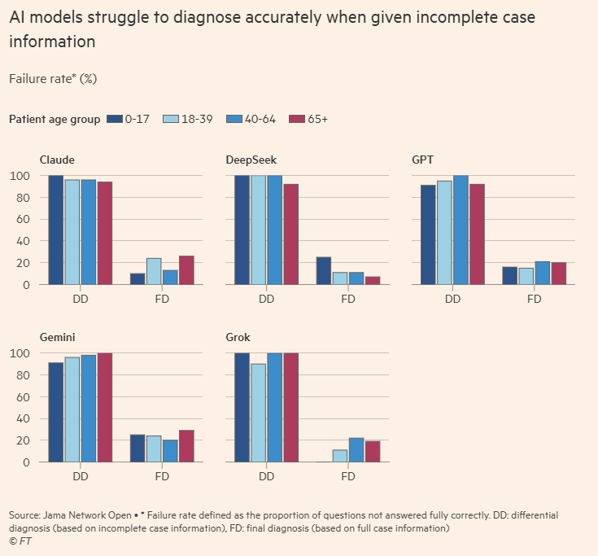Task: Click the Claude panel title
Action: (x=57, y=160)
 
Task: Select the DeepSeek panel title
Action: (x=250, y=160)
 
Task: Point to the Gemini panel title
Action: (x=59, y=337)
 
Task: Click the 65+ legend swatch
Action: (x=295, y=120)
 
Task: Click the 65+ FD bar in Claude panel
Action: (x=186, y=270)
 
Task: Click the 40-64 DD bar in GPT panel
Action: (x=461, y=230)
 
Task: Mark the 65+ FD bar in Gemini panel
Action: (x=186, y=446)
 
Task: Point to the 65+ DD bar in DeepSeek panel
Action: (x=291, y=234)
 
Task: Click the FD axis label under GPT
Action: (x=535, y=299)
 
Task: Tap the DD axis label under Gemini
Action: (x=81, y=476)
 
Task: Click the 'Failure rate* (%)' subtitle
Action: (x=54, y=78)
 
